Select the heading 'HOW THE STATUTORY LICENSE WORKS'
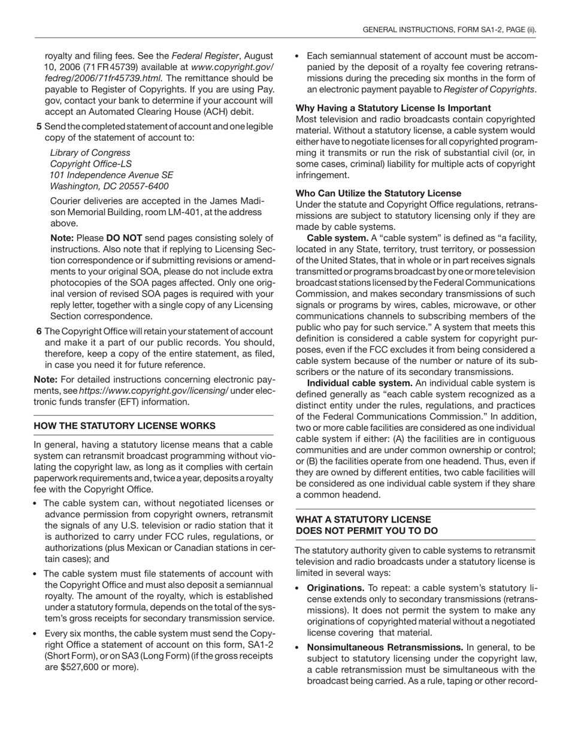click(125, 426)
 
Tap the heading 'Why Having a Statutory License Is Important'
click(394, 108)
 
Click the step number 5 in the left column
click(39, 126)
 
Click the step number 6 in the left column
click(39, 331)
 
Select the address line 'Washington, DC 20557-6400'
click(109, 186)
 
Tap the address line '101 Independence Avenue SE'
click(111, 175)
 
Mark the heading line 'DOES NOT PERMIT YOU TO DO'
click(367, 531)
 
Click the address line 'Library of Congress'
click(90, 153)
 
